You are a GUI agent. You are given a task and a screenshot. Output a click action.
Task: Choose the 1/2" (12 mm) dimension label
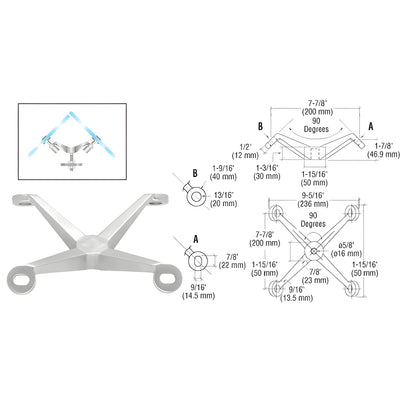(x=245, y=151)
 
